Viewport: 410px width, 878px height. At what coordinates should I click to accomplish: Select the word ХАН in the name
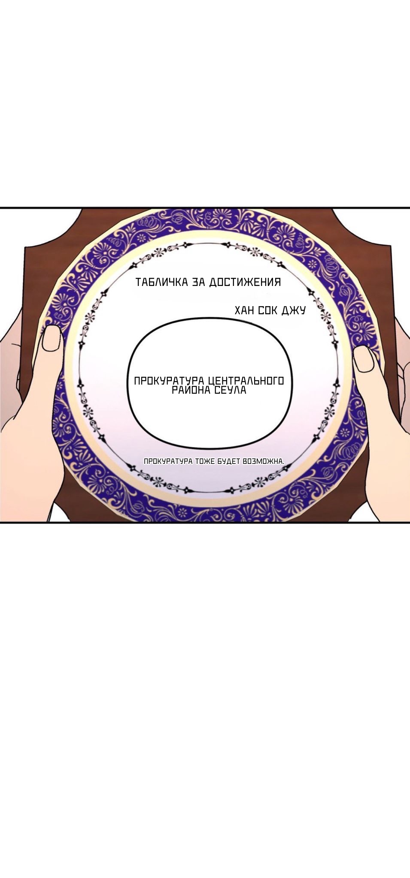(x=245, y=310)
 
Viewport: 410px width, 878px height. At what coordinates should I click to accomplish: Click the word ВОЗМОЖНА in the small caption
(x=263, y=461)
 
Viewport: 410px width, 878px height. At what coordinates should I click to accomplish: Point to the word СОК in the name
(x=268, y=310)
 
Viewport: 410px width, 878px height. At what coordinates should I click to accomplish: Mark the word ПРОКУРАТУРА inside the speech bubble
(x=169, y=381)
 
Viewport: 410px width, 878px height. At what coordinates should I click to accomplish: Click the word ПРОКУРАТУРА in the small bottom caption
(x=168, y=461)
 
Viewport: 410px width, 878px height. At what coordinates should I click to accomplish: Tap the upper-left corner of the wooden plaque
(x=25, y=247)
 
